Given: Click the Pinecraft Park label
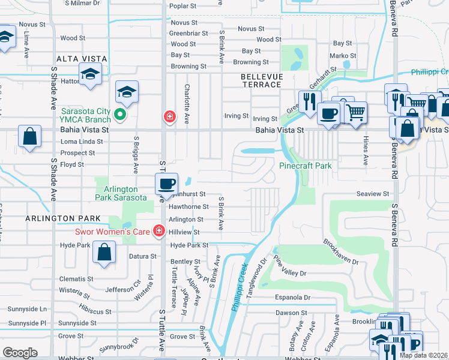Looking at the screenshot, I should [306, 166].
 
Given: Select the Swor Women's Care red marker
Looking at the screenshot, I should [159, 231].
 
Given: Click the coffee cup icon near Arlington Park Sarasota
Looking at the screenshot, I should [166, 184].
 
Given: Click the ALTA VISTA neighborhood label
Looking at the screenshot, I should [82, 59].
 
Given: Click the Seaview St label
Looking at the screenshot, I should [373, 194].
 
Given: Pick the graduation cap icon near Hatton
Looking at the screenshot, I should [90, 74].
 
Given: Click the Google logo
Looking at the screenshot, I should [20, 353].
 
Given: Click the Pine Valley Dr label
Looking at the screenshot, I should [291, 266].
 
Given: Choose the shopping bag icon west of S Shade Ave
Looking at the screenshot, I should [30, 137].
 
